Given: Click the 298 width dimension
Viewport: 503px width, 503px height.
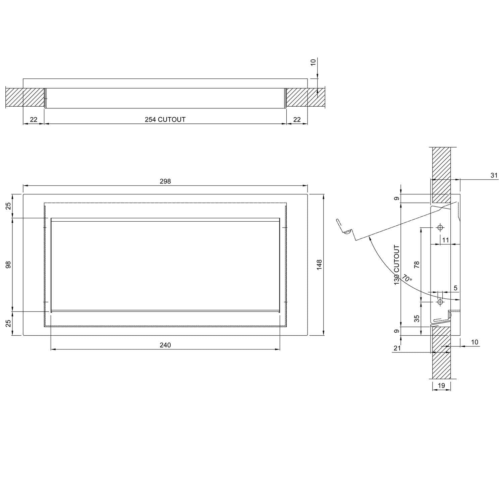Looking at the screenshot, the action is click(x=165, y=181).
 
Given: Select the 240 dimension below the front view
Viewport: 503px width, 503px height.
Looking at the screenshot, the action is click(x=165, y=345).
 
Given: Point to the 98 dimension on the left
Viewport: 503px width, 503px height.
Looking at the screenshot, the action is click(x=9, y=265).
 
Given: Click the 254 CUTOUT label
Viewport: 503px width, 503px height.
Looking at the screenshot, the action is click(x=165, y=119).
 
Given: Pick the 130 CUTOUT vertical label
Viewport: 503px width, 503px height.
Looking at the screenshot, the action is click(x=397, y=265).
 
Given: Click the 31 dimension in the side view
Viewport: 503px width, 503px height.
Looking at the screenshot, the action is click(x=494, y=175).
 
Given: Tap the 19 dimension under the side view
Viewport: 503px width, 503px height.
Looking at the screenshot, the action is click(x=441, y=386).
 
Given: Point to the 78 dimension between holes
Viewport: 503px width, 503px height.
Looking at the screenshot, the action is click(x=417, y=265).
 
